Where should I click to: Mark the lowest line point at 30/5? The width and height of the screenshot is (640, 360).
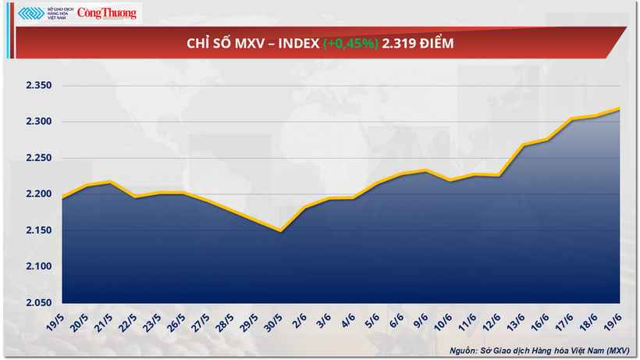pos(280,230)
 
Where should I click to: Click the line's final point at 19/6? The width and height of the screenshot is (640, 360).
pos(620,109)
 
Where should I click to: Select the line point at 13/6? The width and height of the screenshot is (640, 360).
pos(523,145)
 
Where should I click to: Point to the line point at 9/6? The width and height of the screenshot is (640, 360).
pos(425,170)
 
